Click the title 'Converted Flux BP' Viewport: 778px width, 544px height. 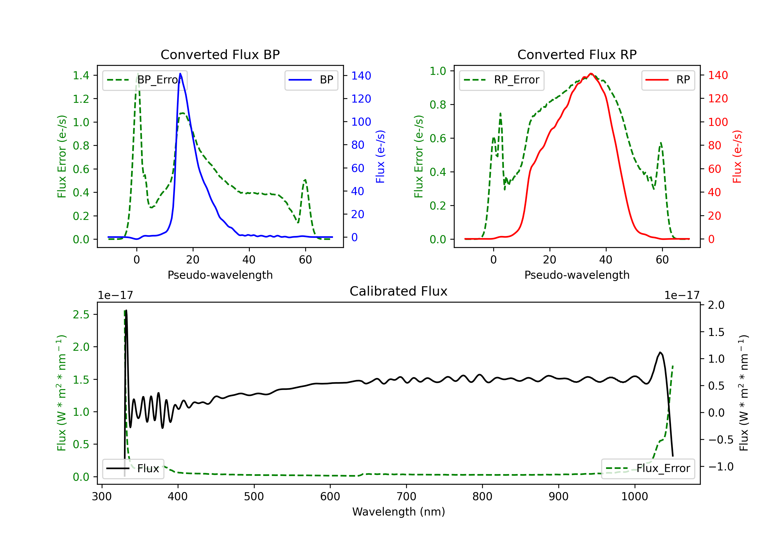(x=220, y=54)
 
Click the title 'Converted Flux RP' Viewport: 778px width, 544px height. (x=577, y=54)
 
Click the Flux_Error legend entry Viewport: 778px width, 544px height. (x=648, y=469)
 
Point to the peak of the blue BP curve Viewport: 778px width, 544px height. (x=180, y=74)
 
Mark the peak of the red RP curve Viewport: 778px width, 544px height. (x=591, y=74)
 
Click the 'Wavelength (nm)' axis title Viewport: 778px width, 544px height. (x=399, y=512)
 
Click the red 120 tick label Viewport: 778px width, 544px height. (x=718, y=98)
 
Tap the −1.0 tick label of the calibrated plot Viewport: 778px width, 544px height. (x=720, y=467)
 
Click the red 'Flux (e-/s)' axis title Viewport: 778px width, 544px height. (x=737, y=156)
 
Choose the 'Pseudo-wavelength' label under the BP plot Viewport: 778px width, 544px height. (x=220, y=275)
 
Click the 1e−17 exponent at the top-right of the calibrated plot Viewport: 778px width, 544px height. (x=682, y=295)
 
